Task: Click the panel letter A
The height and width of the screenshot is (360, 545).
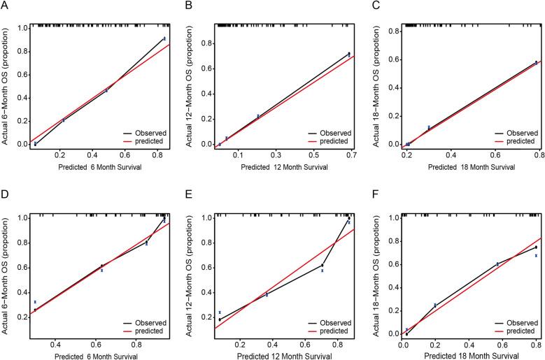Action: tap(6, 6)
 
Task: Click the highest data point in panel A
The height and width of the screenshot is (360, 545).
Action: tap(164, 38)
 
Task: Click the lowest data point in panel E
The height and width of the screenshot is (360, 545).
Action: tap(220, 319)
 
